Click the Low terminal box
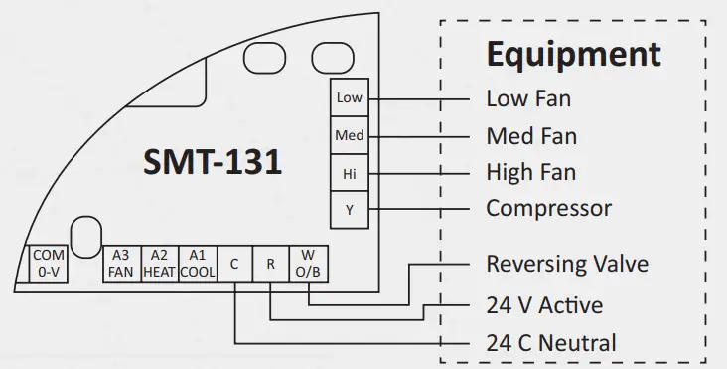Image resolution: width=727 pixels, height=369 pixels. click(349, 97)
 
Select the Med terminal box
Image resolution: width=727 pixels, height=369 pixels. click(349, 135)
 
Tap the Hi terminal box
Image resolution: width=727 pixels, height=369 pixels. click(349, 172)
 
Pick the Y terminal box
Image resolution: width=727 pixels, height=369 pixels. click(349, 209)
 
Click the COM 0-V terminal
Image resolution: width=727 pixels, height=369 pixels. click(48, 264)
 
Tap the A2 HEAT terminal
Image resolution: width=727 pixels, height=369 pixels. click(160, 264)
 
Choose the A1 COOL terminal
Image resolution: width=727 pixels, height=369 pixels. click(198, 264)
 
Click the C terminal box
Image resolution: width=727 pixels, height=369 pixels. click(234, 264)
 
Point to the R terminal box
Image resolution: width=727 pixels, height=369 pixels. click(270, 264)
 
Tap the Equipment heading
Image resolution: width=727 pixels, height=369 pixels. click(573, 54)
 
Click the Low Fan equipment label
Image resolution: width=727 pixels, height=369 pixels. click(528, 98)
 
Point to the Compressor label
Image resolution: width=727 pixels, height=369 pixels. click(548, 209)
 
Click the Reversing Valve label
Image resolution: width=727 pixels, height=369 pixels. click(567, 265)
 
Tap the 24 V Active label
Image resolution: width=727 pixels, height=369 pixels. click(543, 304)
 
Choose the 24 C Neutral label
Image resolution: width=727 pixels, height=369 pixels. click(550, 344)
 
